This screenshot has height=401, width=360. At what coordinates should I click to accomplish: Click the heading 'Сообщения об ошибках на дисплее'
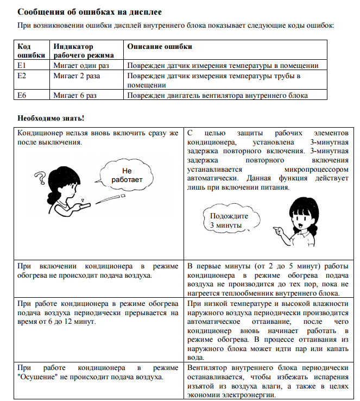point(89,11)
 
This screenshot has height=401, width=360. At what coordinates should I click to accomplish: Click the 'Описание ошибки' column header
point(160,47)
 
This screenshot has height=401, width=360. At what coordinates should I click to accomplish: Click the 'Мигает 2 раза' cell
point(76,76)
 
